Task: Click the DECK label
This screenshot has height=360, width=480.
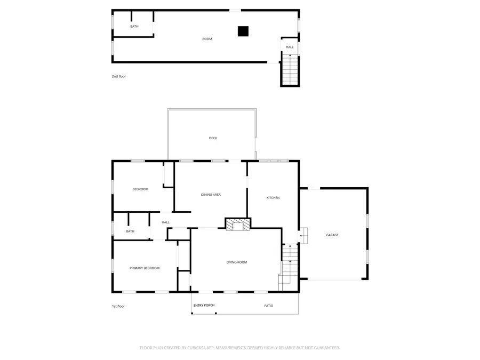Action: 213,138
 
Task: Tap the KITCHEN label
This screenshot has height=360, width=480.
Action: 273,198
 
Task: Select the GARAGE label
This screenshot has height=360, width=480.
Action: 332,235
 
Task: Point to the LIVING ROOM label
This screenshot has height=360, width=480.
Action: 237,262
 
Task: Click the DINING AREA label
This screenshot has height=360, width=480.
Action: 211,195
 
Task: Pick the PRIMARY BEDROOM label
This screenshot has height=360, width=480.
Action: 145,268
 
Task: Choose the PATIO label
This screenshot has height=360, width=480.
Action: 269,306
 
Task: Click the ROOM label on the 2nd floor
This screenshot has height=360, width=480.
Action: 207,39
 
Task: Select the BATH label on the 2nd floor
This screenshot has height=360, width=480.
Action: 134,26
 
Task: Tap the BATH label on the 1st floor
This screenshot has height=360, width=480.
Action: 130,231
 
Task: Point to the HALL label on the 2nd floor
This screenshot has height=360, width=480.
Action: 290,47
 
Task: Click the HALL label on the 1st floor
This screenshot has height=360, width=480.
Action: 165,222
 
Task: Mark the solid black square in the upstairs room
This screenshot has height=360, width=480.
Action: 243,31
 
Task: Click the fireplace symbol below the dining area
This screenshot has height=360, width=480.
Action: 237,225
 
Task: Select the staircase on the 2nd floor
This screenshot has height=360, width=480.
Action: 290,69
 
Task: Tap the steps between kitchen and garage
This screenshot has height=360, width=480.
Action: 303,235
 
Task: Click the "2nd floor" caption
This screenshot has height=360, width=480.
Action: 119,76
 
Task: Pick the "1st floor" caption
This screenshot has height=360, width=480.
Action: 118,306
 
